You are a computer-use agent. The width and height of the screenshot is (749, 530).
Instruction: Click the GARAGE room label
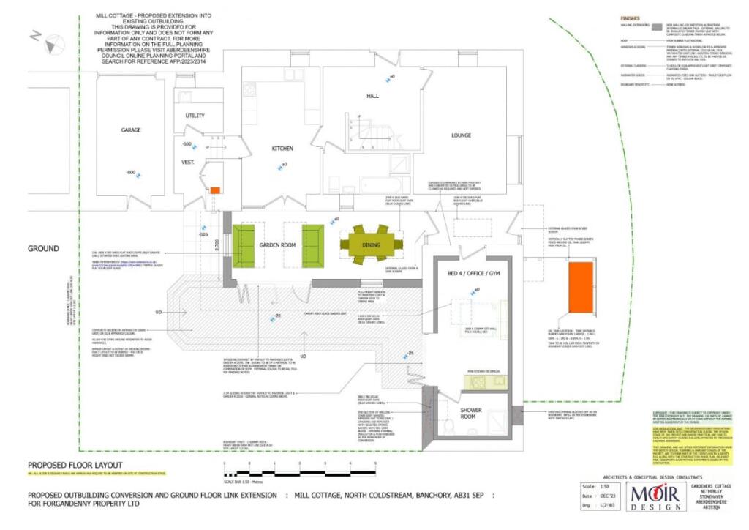[x=131, y=130]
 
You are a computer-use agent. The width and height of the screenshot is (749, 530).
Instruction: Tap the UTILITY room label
[x=195, y=116]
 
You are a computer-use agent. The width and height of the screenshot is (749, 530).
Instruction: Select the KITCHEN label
[x=282, y=149]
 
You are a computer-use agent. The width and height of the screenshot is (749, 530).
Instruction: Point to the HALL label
[x=374, y=97]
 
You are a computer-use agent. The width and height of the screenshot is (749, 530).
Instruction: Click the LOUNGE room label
[x=460, y=135]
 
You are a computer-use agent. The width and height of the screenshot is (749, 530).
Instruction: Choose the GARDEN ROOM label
[x=278, y=245]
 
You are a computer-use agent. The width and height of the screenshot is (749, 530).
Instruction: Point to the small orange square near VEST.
[x=215, y=191]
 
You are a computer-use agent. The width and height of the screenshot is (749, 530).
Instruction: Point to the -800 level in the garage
[x=129, y=173]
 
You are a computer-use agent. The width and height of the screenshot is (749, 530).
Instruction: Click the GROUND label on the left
[x=43, y=249]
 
